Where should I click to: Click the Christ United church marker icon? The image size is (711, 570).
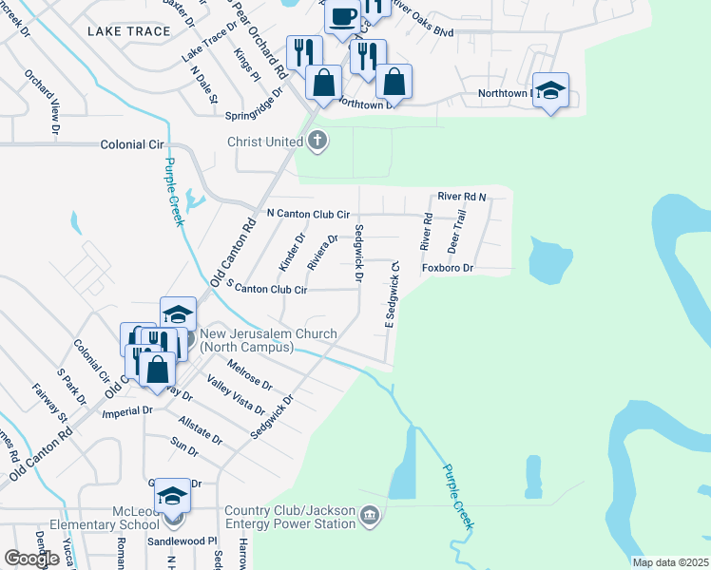pos(317,142)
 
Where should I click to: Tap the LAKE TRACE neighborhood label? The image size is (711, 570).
pos(128,31)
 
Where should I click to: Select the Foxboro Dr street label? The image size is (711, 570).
pos(447,269)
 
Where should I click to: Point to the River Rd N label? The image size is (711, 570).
pos(462,197)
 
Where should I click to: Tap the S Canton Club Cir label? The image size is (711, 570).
pos(266,289)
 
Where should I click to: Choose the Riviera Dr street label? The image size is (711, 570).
pos(322,252)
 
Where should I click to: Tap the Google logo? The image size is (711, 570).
pos(30,559)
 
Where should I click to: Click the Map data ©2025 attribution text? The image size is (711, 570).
pos(670,562)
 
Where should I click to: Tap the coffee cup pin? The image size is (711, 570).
pos(342,15)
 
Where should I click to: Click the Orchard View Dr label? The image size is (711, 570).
pos(43,101)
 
